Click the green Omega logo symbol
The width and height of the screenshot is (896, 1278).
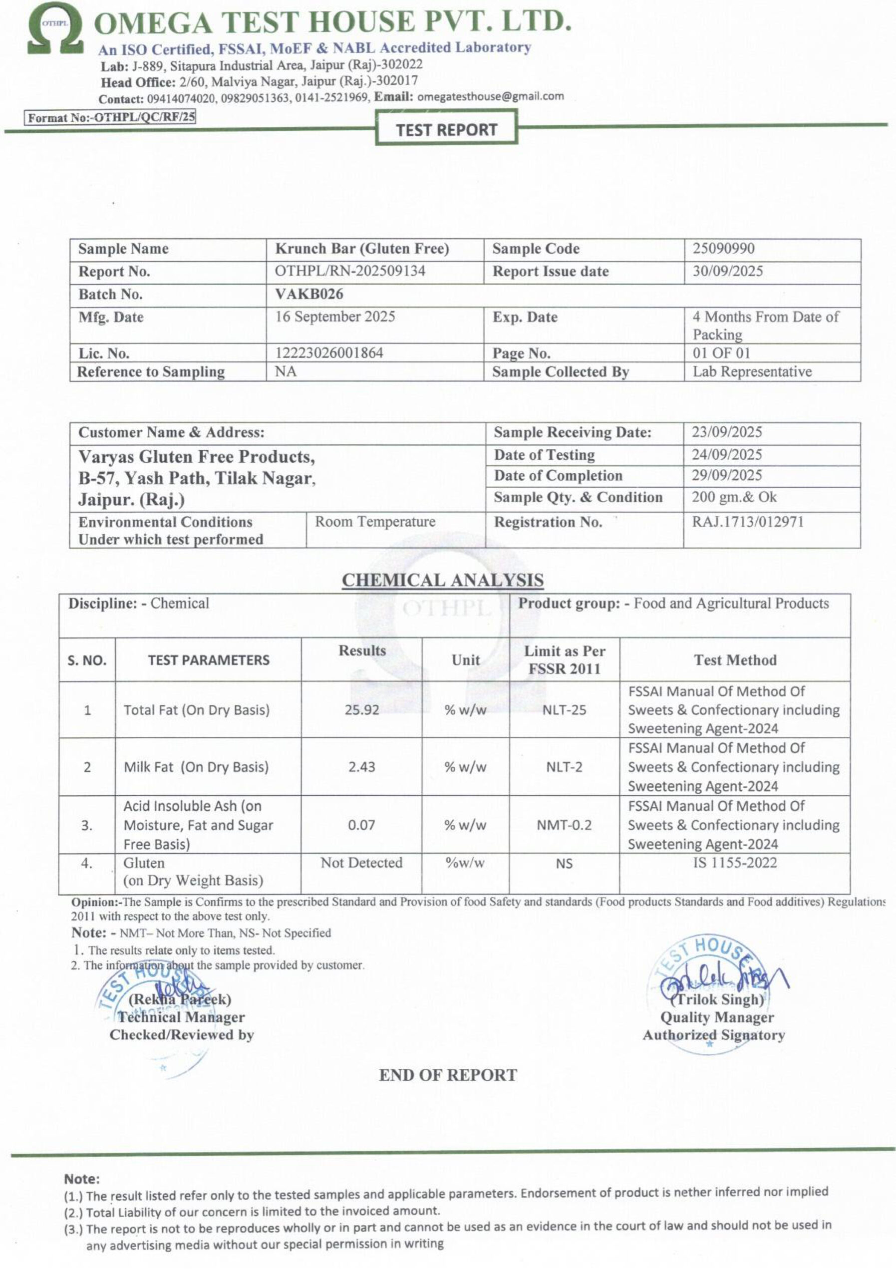55,29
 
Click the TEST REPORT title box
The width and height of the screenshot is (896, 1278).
446,130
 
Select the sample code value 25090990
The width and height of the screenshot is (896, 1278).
723,248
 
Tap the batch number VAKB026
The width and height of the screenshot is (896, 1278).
309,294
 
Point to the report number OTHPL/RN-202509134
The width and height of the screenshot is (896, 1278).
350,271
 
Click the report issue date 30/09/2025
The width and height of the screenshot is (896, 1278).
727,271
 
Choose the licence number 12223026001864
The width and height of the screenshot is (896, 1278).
329,353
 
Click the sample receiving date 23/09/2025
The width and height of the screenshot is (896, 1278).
726,432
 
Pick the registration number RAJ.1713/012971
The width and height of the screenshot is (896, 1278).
747,522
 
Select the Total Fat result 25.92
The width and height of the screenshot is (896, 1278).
362,710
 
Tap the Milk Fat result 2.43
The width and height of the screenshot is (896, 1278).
362,766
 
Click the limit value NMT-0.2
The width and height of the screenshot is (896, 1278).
564,824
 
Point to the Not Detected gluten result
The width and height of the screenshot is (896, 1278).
361,863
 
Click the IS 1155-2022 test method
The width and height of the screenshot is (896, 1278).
734,863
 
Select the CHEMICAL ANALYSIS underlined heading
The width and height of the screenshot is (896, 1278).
442,580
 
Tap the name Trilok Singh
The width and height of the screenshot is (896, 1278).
716,999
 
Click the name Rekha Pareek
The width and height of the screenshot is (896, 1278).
180,999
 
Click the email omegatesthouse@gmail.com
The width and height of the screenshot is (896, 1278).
490,96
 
